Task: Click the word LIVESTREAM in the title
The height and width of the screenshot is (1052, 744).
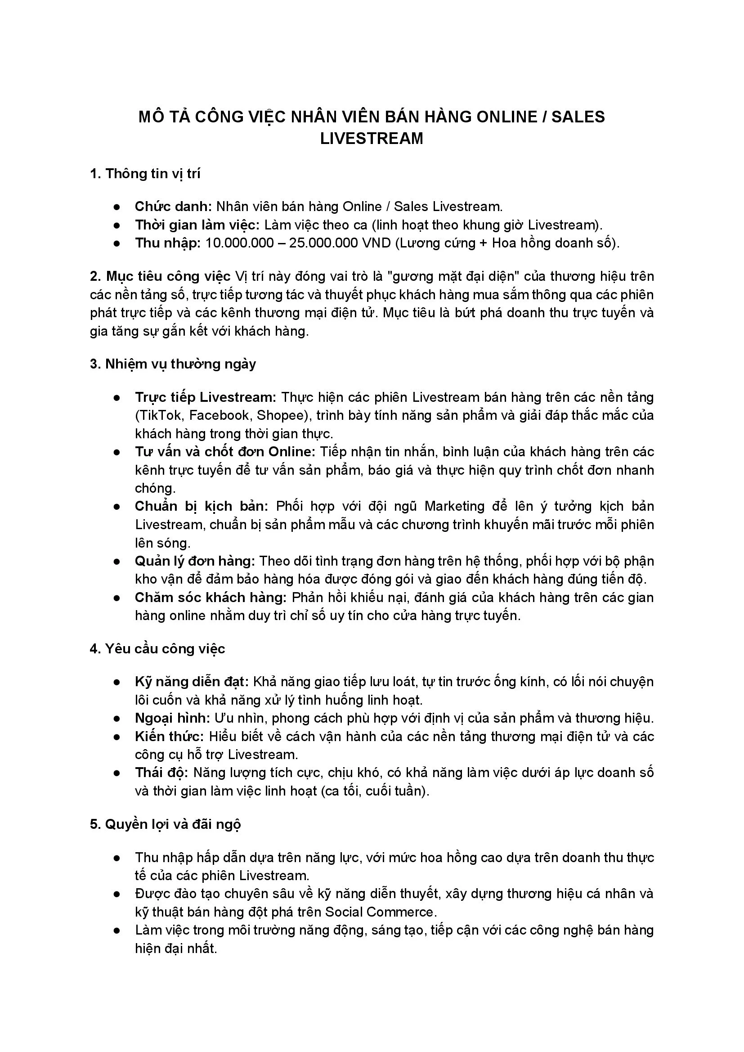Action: tap(372, 139)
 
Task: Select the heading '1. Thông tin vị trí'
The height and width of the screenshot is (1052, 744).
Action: tap(145, 174)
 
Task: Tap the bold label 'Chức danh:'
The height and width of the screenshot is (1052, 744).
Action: tap(173, 207)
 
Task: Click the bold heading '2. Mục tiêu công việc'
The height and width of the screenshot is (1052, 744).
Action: tap(160, 276)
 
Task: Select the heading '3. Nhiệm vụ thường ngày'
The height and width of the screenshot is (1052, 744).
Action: tap(173, 364)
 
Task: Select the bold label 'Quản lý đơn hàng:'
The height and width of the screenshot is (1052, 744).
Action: tap(195, 561)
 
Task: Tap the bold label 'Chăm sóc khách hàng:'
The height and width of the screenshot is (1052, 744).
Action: tap(211, 598)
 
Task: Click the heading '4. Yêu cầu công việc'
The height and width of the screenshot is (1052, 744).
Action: tap(157, 649)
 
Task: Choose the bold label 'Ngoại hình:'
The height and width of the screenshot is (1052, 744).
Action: tap(172, 718)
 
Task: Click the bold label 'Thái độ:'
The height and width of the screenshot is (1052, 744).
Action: tap(161, 773)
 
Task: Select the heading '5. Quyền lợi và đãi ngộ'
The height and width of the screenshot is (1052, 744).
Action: tap(166, 824)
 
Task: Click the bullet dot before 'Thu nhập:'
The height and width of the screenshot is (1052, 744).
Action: tap(117, 243)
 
